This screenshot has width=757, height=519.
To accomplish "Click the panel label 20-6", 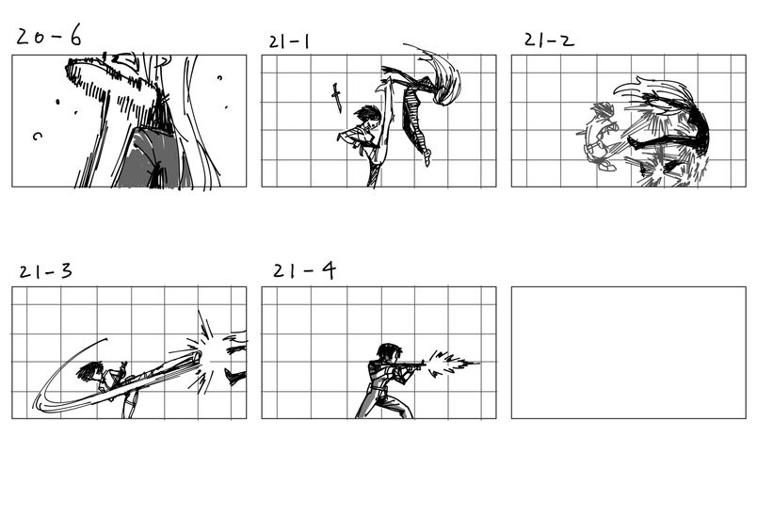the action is [x=49, y=36].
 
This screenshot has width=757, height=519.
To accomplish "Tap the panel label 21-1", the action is [x=289, y=41].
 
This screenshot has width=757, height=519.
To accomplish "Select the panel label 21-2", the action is [x=549, y=41].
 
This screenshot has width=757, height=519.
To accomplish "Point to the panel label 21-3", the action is [x=45, y=272].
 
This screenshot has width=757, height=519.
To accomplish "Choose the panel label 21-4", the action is [x=304, y=271].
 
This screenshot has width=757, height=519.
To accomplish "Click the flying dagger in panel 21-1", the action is [x=336, y=98].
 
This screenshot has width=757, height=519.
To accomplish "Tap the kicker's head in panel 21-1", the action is [x=368, y=116].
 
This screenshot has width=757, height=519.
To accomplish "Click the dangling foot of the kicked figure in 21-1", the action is [x=427, y=157].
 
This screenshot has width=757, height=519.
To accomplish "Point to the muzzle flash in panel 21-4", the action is [x=454, y=363].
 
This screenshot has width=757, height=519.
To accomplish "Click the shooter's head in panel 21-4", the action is [x=389, y=352].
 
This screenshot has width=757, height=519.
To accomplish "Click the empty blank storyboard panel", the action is [x=629, y=352].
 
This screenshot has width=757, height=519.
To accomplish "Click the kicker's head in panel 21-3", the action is [x=89, y=371].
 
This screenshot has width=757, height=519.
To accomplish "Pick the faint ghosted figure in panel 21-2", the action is [x=600, y=138].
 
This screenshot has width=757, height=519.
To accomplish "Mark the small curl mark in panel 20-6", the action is [x=37, y=137].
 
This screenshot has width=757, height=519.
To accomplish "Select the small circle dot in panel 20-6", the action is [x=219, y=77].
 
